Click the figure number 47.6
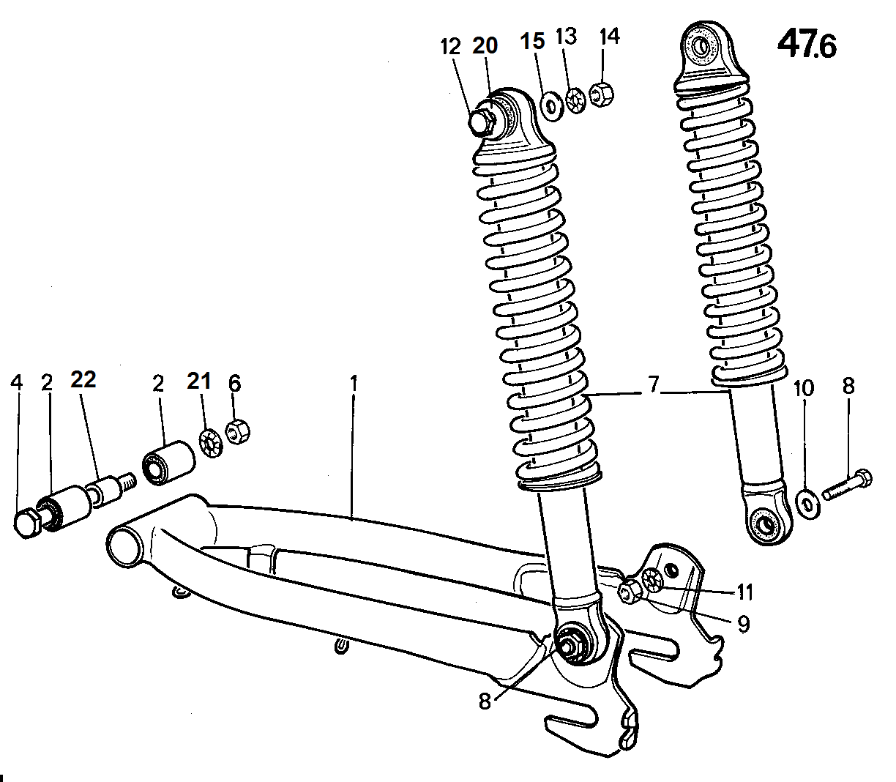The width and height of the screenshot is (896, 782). click(x=807, y=44)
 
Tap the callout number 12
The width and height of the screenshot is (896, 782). click(x=451, y=47)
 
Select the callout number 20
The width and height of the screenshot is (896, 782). click(x=485, y=45)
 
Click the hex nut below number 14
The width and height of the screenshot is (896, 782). click(x=601, y=94)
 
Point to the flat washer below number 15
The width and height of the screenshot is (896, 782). click(x=553, y=106)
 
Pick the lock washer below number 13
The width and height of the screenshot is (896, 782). click(x=576, y=100)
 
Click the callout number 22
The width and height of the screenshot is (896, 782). click(x=83, y=379)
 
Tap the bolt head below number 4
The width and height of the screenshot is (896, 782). click(x=27, y=523)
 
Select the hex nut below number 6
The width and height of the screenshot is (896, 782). click(x=237, y=431)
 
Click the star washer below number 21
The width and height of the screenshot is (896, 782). click(x=211, y=444)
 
